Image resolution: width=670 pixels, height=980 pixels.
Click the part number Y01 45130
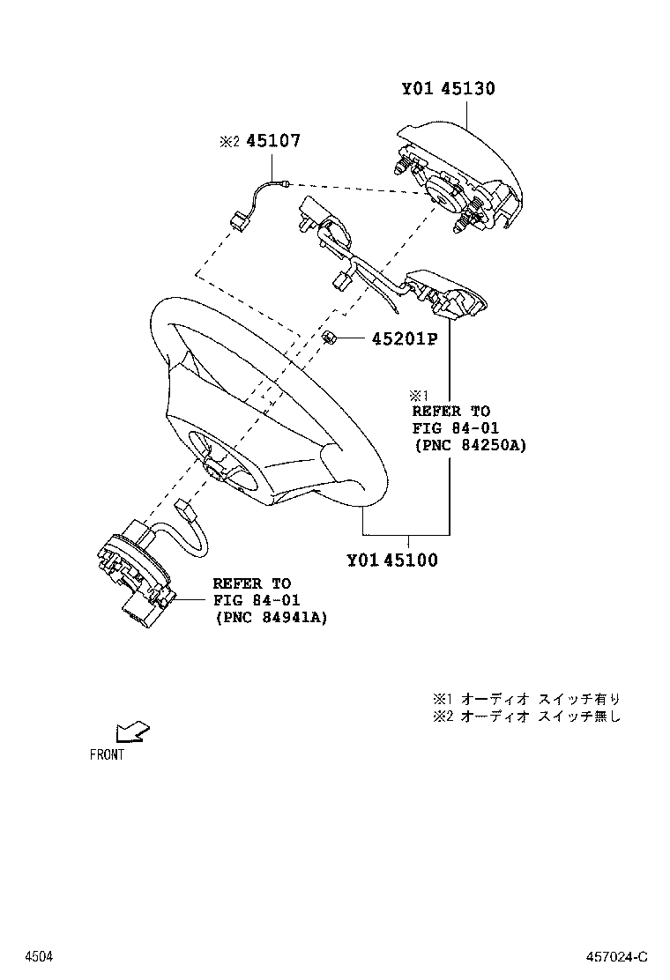[x=448, y=89]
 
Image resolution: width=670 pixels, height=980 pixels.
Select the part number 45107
[x=273, y=141]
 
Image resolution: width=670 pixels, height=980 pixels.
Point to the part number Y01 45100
[x=391, y=560]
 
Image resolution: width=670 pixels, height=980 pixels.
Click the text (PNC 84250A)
[x=468, y=446]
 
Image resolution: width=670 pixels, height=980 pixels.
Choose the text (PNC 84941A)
[x=270, y=617]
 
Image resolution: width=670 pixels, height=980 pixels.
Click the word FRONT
[x=107, y=754]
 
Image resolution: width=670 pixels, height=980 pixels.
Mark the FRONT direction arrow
[x=131, y=731]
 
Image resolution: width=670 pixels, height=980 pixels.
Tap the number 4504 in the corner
[x=37, y=956]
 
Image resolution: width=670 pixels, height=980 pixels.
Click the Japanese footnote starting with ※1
[x=526, y=698]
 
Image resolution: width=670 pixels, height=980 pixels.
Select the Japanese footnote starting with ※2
[x=526, y=716]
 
